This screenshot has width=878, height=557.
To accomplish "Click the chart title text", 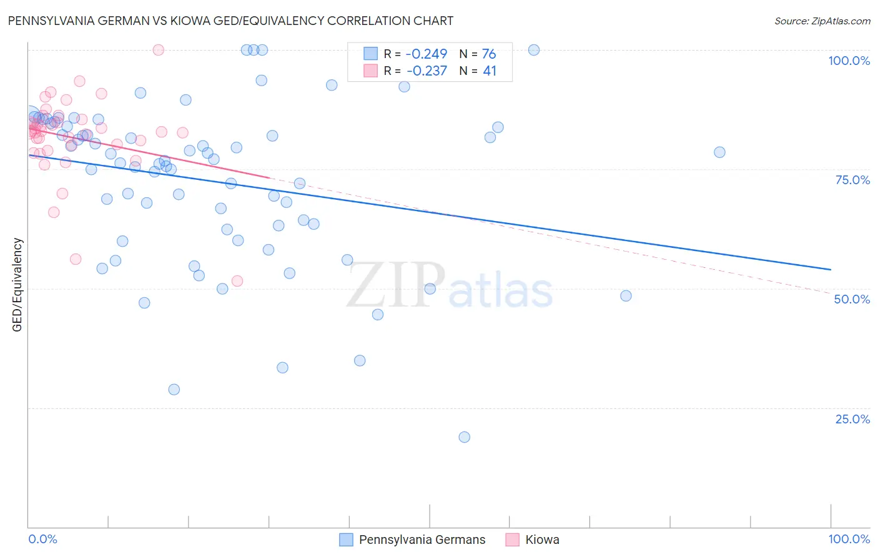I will coord(230,21).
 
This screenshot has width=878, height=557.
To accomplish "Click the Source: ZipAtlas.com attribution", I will coord(822,21).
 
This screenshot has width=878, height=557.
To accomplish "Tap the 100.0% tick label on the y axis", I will coord(849,61).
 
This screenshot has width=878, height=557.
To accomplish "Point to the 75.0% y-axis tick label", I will coord(852,180).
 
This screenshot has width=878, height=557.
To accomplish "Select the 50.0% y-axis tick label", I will coord(852,299).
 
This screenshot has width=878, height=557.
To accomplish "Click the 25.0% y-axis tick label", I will coord(852,419).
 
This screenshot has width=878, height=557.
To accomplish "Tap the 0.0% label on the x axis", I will coord(42,539).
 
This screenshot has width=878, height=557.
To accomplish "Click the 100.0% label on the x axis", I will coord(849,539).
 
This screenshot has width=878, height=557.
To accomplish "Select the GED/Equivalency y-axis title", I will coord(17,285).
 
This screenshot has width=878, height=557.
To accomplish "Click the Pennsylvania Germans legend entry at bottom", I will coord(422,540).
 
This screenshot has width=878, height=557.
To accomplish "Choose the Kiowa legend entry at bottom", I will coord(541,540).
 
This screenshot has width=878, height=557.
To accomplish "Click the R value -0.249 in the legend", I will coord(427,54).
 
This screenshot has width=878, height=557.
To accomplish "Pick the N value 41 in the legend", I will coord(490,71).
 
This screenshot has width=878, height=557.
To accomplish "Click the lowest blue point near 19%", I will coord(464,437).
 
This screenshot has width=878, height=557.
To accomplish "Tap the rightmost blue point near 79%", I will coord(719,152).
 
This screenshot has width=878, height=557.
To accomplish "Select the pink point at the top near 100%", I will coord(159,50).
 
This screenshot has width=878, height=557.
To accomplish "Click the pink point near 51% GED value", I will coord(237,281).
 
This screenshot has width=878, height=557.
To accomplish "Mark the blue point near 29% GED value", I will coord(174,390).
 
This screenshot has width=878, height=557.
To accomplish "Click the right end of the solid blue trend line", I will coord(831,269).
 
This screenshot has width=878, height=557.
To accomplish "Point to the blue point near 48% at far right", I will coord(626,296).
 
